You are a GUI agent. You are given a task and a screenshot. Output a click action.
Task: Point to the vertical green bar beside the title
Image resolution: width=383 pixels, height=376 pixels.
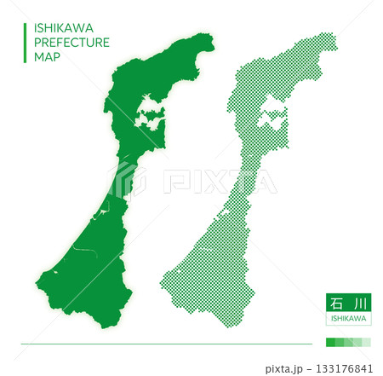tap(24, 42)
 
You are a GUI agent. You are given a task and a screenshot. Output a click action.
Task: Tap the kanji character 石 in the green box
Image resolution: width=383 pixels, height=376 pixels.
tap(335, 303)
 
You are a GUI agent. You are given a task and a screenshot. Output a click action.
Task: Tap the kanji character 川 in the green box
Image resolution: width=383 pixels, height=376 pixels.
tap(358, 303)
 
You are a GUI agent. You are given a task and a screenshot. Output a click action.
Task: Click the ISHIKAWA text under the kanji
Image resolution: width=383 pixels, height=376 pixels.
tap(347, 319)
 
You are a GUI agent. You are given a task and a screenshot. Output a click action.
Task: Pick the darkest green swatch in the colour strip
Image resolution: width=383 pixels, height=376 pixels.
tap(331, 342)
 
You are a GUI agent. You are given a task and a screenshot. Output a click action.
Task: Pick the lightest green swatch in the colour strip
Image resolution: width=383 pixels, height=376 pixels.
tap(366, 342)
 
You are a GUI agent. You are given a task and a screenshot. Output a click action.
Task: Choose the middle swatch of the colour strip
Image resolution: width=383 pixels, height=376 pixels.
tap(348, 342)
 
